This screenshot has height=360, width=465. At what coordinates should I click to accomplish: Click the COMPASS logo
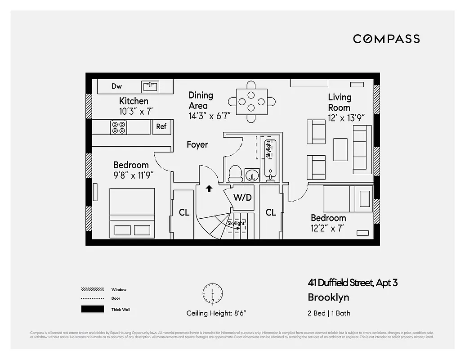386,39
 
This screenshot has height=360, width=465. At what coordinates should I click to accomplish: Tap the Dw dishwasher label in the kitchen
117,86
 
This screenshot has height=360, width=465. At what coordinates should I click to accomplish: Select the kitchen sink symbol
150,86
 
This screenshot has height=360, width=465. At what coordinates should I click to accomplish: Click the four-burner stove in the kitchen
119,127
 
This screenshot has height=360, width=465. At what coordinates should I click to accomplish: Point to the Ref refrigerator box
161,127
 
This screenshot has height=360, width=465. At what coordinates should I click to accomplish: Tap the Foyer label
197,144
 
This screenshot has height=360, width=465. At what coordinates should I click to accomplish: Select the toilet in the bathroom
235,173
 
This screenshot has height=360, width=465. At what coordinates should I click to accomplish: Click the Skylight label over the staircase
236,223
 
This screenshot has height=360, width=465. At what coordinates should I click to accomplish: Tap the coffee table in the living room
340,149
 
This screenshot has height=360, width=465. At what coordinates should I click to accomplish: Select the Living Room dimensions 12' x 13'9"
346,118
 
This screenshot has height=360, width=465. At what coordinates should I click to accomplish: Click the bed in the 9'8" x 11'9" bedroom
132,212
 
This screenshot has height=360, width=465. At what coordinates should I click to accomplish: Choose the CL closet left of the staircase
184,212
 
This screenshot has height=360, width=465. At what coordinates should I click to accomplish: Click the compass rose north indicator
212,293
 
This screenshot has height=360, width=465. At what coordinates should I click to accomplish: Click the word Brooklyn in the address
328,297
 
